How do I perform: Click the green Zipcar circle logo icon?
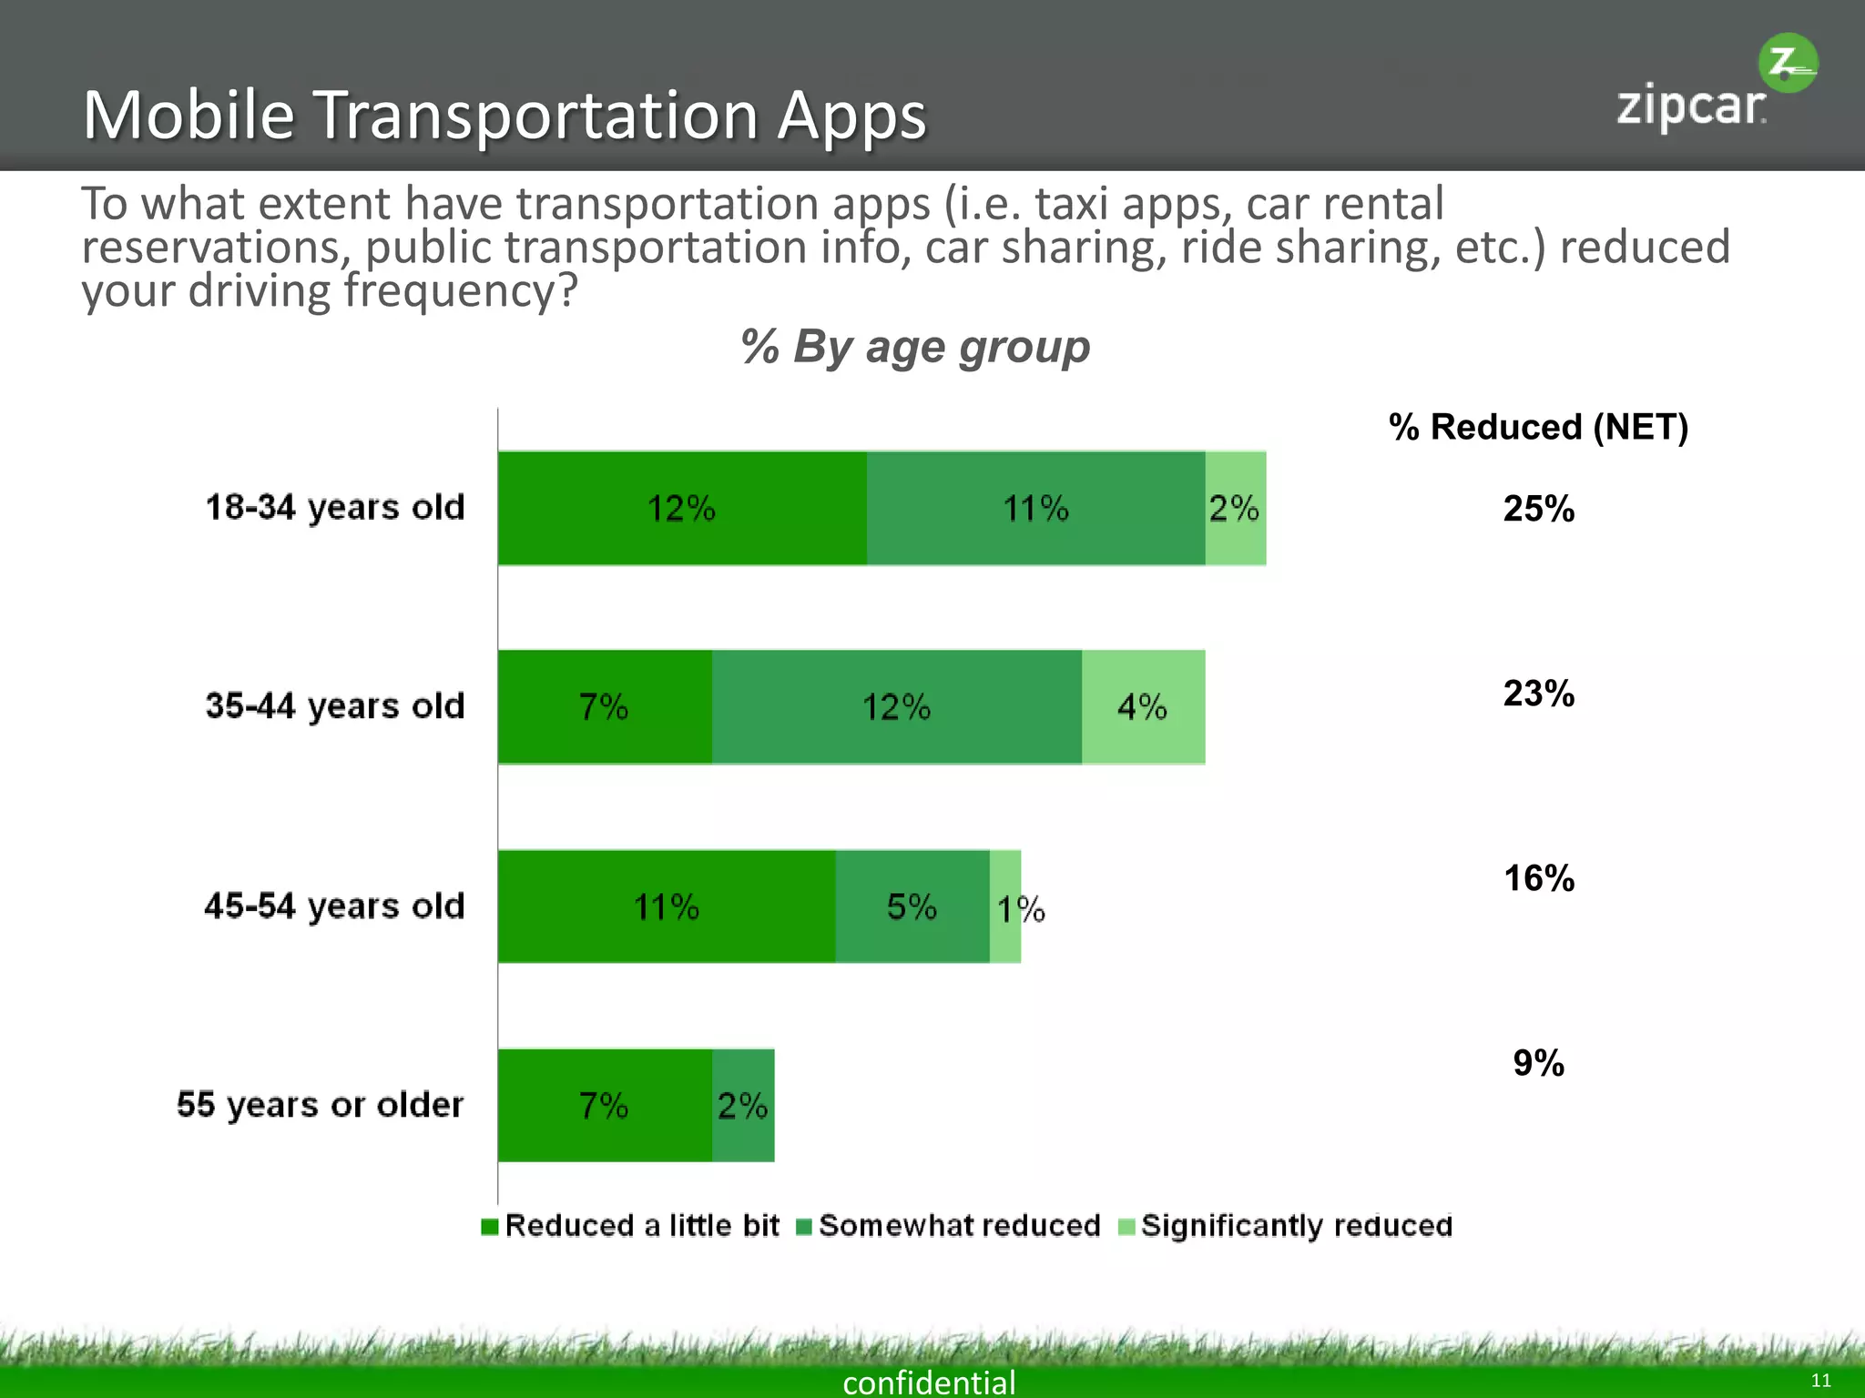pyautogui.click(x=1788, y=64)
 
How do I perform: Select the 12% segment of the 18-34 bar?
pyautogui.click(x=682, y=508)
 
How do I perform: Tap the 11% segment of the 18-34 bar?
pyautogui.click(x=1035, y=508)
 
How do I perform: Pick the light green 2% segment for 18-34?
pyautogui.click(x=1236, y=508)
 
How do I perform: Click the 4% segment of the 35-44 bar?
pyautogui.click(x=1143, y=707)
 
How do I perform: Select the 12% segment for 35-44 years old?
pyautogui.click(x=897, y=707)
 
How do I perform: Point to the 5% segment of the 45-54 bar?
pyautogui.click(x=912, y=907)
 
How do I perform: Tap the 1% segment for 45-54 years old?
pyautogui.click(x=1005, y=907)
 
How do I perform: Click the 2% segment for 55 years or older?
pyautogui.click(x=743, y=1106)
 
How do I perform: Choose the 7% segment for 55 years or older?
pyautogui.click(x=604, y=1106)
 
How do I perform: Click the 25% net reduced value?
pyautogui.click(x=1538, y=509)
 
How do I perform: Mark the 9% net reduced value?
pyautogui.click(x=1538, y=1063)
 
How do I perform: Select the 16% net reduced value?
pyautogui.click(x=1538, y=878)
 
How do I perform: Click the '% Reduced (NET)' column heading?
pyautogui.click(x=1538, y=427)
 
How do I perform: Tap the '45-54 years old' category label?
pyautogui.click(x=334, y=907)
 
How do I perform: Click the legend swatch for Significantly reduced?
pyautogui.click(x=1127, y=1227)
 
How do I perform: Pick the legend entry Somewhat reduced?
pyautogui.click(x=959, y=1226)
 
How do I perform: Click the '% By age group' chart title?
pyautogui.click(x=914, y=347)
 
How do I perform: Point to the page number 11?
pyautogui.click(x=1820, y=1381)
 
